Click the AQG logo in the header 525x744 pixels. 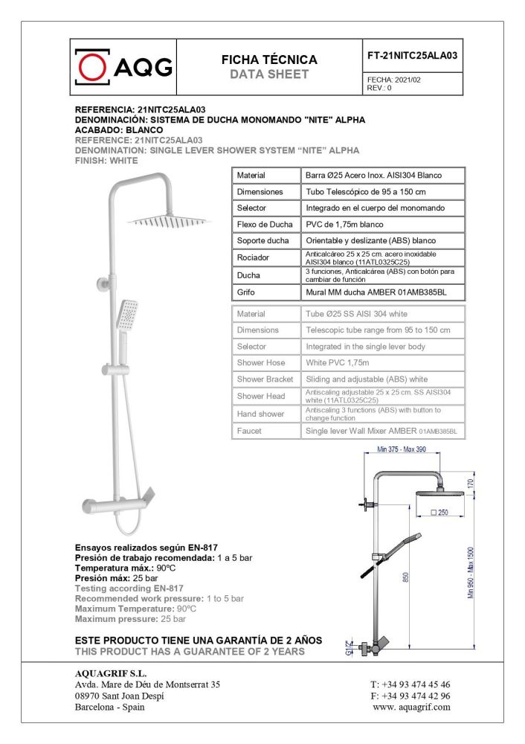tap(123, 68)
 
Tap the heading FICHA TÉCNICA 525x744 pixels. tap(269, 60)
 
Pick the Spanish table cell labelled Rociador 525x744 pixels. tap(252, 257)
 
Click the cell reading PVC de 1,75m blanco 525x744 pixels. tap(345, 224)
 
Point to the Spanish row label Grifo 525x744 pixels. tap(246, 293)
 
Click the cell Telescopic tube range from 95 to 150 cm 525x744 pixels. tap(379, 330)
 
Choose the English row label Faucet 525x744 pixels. tap(249, 431)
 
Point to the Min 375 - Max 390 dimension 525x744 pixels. tap(402, 449)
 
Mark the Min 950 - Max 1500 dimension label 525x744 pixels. tap(471, 572)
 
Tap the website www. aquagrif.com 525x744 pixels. tap(411, 707)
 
